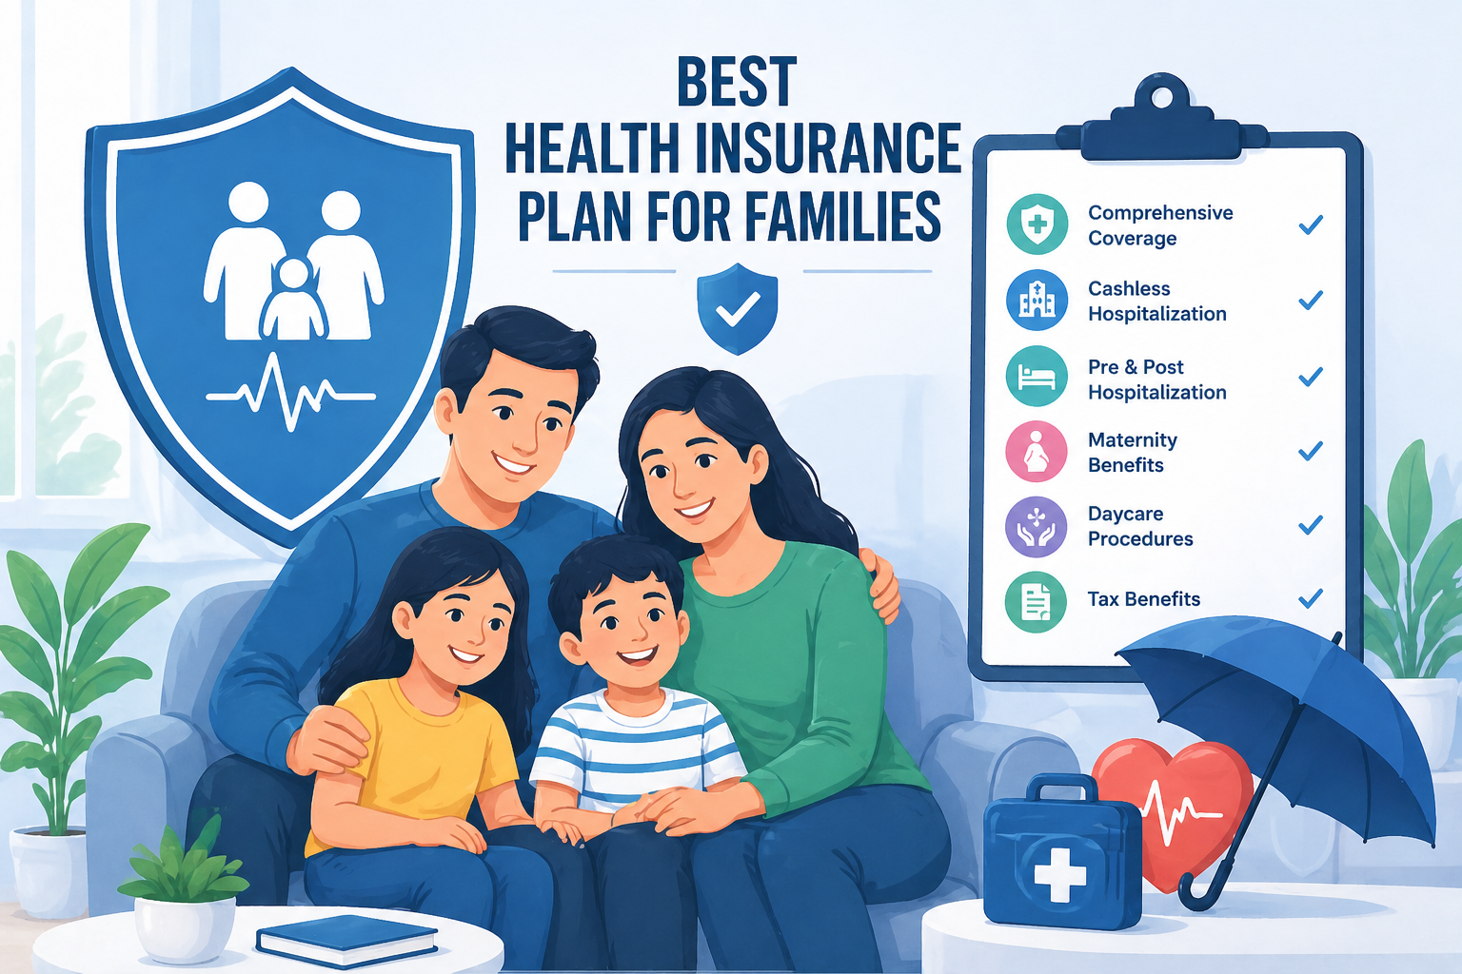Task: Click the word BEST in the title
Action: click(736, 83)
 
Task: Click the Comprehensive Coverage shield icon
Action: click(1037, 224)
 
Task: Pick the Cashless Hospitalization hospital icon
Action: click(1037, 300)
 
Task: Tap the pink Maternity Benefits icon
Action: click(1037, 452)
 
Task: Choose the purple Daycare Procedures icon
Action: click(1037, 526)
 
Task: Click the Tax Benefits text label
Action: click(1143, 599)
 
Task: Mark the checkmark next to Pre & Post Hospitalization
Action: click(1311, 377)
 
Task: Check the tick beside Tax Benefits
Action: click(1311, 598)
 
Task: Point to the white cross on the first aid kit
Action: click(1059, 874)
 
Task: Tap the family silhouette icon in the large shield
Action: click(291, 262)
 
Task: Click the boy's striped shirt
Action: click(633, 751)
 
